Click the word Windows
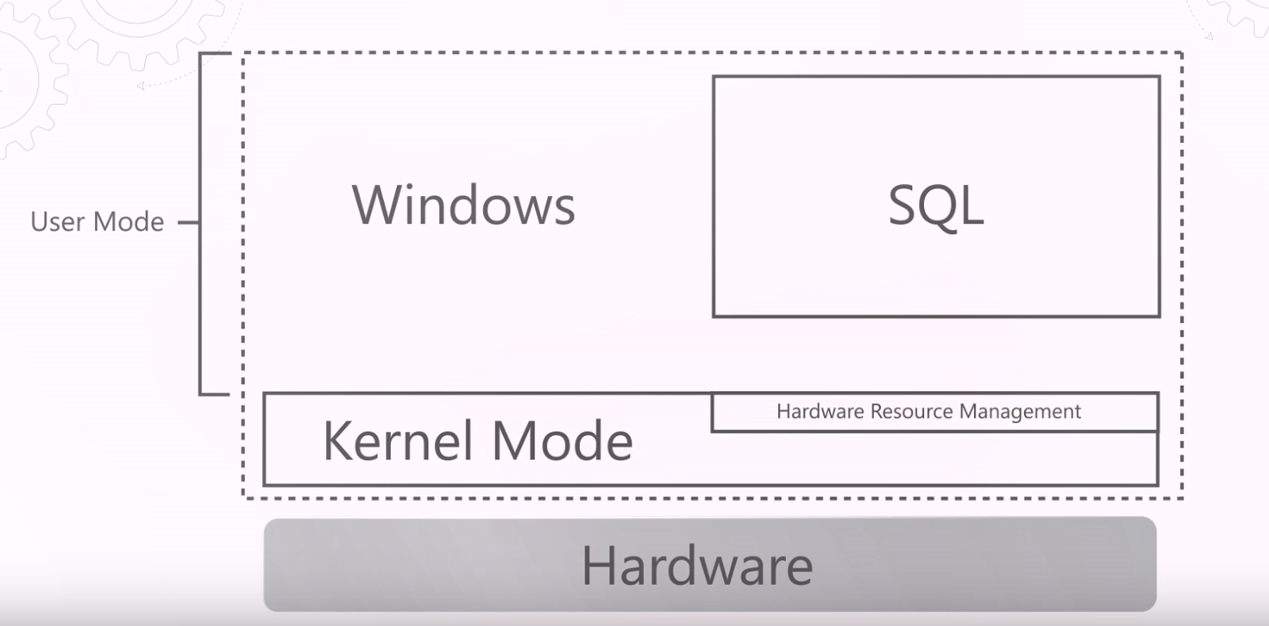(x=463, y=205)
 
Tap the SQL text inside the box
(x=936, y=206)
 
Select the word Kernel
(x=398, y=441)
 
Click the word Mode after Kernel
(x=562, y=441)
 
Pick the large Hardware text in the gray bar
(x=697, y=566)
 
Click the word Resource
(x=911, y=412)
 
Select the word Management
(x=1020, y=412)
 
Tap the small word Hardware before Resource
(x=820, y=412)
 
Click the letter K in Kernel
(x=337, y=441)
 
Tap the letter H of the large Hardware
(x=597, y=566)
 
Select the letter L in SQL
(x=972, y=206)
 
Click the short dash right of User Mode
(x=188, y=223)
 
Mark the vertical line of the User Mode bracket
(x=200, y=223)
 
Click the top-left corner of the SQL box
(x=714, y=77)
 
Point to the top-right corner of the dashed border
(x=1182, y=53)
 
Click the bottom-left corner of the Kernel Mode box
(x=264, y=484)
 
